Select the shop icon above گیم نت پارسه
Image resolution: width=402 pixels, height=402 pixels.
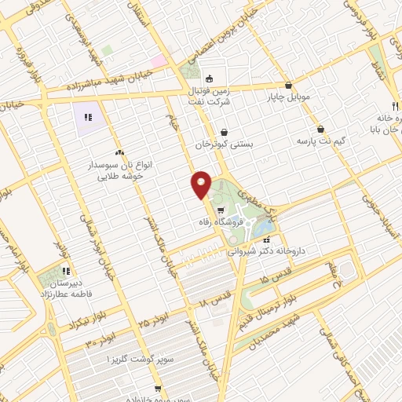point(320,129)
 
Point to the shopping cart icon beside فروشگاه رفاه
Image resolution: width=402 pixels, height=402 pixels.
point(220,210)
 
